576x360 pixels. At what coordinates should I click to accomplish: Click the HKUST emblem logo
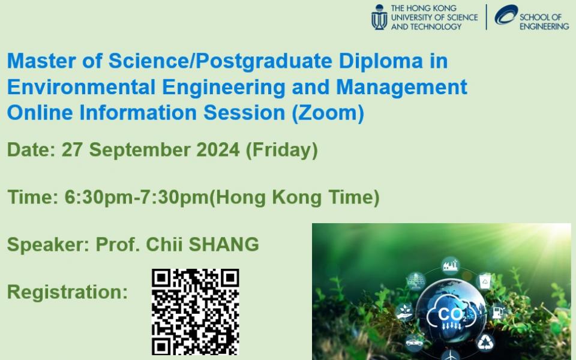coord(379,17)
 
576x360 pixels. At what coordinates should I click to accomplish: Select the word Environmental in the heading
coord(81,87)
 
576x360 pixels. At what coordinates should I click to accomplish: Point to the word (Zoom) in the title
coord(328,112)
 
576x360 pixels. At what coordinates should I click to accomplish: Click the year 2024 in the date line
coord(218,150)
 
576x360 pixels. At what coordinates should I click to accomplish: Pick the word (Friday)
coord(282,150)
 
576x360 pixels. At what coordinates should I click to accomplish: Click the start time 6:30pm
coord(98,197)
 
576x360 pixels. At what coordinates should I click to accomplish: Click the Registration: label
coord(67,292)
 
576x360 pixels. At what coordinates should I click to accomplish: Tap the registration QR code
coord(196,312)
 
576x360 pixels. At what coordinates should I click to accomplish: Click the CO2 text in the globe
coord(452,315)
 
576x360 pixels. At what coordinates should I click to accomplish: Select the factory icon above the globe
coord(451,265)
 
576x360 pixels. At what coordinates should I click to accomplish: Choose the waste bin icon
coord(485,281)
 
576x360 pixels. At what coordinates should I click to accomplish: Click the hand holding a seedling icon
coord(404,312)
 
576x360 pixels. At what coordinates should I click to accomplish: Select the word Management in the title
coord(401,88)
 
